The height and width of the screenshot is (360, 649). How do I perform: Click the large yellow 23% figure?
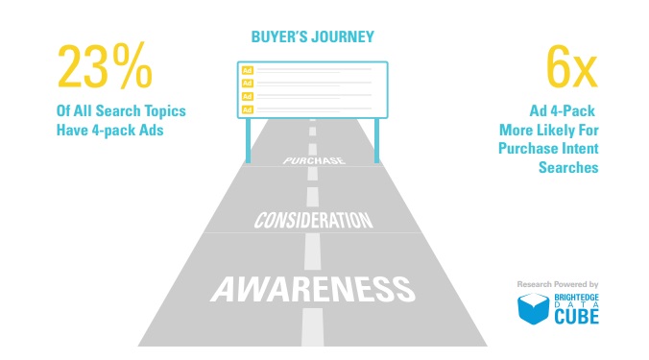pos(106,66)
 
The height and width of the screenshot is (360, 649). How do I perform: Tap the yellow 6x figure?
pos(572,67)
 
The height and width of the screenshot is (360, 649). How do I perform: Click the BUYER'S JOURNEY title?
pos(312,36)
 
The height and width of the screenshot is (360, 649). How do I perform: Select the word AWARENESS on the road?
pos(313,289)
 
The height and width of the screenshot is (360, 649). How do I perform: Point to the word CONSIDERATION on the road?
pos(313,220)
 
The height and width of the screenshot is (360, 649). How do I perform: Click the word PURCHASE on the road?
pos(314,160)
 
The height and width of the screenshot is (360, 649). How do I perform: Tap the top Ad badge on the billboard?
pos(247,70)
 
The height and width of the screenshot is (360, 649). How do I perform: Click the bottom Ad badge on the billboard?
pos(247,109)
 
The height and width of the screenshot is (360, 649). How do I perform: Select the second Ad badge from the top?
pos(247,84)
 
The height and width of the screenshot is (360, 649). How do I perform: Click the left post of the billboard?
pos(249,140)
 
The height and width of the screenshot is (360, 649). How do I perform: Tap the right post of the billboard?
pos(376,140)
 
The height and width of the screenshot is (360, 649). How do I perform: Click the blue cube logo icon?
pos(533,309)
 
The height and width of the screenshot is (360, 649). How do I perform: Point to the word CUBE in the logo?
pos(577,317)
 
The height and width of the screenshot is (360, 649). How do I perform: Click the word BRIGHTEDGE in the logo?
pos(577,298)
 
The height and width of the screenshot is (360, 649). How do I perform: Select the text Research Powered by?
pos(558,284)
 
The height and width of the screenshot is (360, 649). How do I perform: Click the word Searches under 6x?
pos(568,167)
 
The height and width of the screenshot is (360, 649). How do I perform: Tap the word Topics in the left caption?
pos(165,111)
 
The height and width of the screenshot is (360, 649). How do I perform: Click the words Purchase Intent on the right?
pos(548,148)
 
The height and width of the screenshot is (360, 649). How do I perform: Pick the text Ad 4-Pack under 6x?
pos(562,111)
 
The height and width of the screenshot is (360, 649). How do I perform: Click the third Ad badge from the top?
pos(247,96)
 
